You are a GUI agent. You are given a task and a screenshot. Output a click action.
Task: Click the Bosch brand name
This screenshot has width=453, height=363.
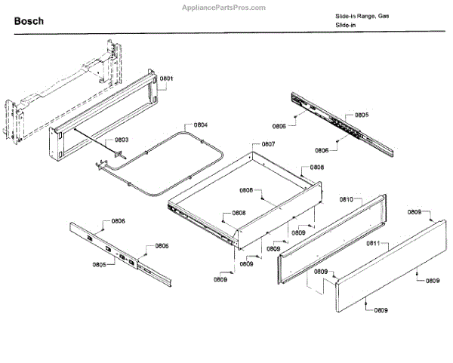tap(28, 21)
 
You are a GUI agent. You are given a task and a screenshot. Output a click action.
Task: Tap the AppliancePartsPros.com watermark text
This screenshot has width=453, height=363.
tap(224, 7)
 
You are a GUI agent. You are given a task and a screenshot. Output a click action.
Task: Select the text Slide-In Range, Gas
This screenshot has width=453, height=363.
tap(363, 16)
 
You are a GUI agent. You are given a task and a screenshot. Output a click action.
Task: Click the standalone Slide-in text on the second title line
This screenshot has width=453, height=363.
tap(346, 26)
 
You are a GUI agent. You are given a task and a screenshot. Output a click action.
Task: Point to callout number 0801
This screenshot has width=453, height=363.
tap(167, 79)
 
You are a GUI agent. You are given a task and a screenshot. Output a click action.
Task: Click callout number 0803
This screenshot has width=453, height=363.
tap(122, 140)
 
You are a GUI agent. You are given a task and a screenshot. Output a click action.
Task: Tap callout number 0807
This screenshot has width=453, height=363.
tap(268, 144)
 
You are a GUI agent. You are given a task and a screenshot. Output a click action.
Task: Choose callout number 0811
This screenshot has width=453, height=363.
tap(372, 244)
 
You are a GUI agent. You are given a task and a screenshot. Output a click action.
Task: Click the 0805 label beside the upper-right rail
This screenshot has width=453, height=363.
tap(361, 115)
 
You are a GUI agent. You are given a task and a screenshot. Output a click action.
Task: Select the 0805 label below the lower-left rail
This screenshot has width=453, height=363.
tap(99, 265)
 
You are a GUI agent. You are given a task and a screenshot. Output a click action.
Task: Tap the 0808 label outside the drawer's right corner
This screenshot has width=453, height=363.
tap(316, 167)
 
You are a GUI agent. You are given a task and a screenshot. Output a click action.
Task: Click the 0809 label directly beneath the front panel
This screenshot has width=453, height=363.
tap(378, 311)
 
